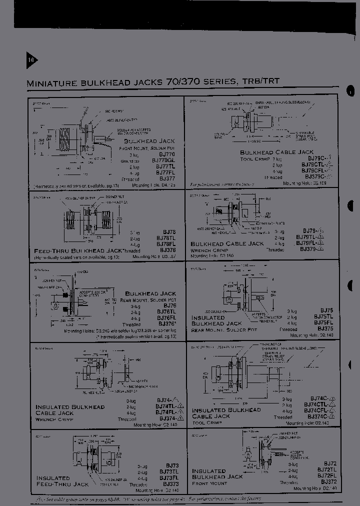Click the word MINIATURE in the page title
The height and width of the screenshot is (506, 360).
51,83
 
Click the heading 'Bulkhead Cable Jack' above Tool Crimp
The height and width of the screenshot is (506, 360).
276,152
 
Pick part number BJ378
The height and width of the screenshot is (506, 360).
167,249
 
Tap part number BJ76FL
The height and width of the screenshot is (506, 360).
166,317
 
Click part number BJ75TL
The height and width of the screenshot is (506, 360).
324,316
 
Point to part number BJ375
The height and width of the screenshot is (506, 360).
325,329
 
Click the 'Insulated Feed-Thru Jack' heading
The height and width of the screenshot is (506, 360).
62,480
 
